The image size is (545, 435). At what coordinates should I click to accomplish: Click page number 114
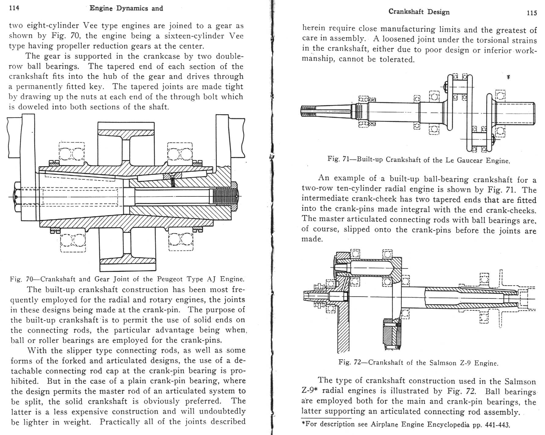click(x=14, y=8)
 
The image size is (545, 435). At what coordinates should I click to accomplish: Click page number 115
click(x=532, y=13)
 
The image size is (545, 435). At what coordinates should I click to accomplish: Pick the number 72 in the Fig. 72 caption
click(x=357, y=363)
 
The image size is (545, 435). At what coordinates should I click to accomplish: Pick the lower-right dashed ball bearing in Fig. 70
click(x=181, y=240)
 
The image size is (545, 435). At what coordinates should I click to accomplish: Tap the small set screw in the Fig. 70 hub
click(x=173, y=180)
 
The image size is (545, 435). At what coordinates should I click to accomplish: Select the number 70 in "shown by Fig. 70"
click(x=75, y=36)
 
